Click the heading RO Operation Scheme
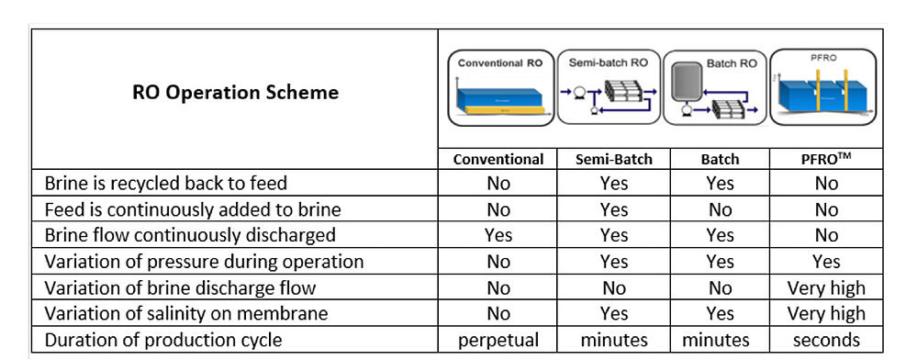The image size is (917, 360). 235,92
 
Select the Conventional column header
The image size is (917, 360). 498,159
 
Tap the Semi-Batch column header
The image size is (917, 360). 614,159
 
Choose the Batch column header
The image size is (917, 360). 720,159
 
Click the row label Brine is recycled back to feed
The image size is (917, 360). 171,183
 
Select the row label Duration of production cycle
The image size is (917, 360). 163,340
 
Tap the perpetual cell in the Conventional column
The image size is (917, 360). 498,340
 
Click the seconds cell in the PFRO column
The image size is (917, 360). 825,340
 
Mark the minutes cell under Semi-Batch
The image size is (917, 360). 614,340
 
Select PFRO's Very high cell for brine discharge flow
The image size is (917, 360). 825,287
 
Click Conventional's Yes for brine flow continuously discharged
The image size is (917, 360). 498,235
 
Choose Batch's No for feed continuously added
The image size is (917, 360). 720,209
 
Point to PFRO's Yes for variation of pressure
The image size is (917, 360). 825,262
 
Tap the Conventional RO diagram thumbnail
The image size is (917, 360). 500,88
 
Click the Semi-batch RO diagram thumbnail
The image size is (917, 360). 609,88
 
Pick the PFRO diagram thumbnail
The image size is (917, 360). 822,88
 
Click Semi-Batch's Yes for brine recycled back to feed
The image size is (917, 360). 614,183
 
